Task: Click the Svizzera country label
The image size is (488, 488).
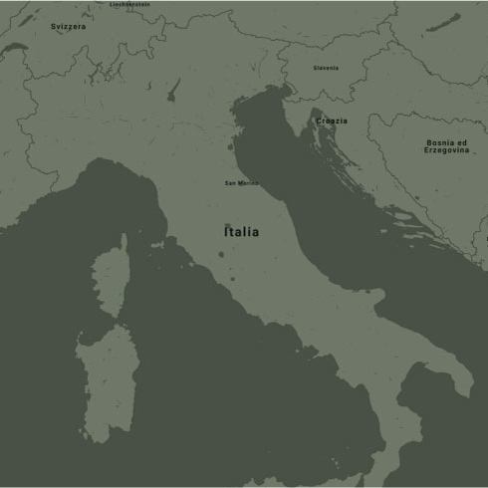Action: [69, 27]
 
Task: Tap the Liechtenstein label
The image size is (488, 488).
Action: [129, 4]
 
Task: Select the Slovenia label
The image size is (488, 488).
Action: [326, 68]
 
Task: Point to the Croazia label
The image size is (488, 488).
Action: [332, 121]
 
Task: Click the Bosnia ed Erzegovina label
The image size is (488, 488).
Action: [445, 146]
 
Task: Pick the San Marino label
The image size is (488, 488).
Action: [241, 183]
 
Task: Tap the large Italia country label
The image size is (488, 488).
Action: [241, 232]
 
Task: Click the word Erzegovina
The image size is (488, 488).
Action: [445, 150]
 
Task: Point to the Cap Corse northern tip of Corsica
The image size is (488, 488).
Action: [123, 240]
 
